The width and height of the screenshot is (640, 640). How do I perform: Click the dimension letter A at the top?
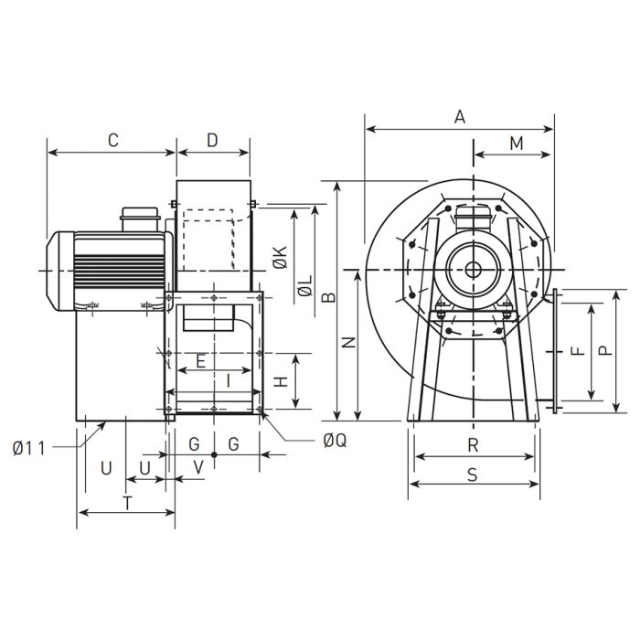pos(460,117)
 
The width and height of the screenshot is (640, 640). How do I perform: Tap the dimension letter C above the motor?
pos(113,141)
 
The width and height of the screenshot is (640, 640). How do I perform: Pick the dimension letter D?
pos(212,141)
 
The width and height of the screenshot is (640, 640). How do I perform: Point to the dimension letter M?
pos(516,144)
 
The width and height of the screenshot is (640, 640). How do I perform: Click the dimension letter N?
pos(347,343)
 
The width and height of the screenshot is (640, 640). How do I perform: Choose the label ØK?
pos(280,258)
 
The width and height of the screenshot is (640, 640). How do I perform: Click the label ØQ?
pos(335,441)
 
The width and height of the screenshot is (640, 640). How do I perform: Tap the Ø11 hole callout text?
pos(30,447)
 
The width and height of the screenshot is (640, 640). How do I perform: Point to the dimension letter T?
pos(127,502)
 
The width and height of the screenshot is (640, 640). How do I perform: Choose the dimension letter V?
pos(199,466)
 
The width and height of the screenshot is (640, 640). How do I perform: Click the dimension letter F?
pos(575,351)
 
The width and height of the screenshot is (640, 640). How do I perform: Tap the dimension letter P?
pos(603,350)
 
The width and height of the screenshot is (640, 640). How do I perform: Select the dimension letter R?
pos(473,445)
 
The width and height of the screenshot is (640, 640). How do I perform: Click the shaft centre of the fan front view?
pos(473,269)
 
